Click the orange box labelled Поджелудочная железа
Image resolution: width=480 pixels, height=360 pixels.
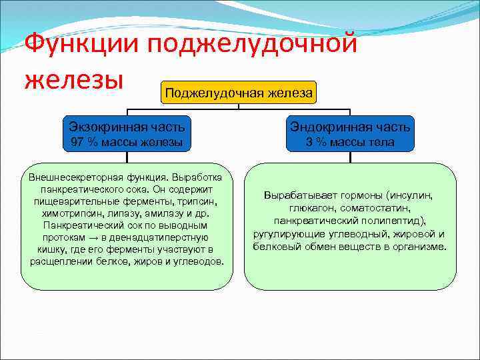(x=239, y=93)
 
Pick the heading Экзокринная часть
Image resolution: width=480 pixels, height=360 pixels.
(x=127, y=126)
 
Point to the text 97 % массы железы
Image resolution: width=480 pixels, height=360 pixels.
(x=127, y=142)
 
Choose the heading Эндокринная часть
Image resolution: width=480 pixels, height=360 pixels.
(x=350, y=126)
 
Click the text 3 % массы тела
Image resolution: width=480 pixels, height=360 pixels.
(x=350, y=142)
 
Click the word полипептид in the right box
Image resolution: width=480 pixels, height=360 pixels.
(x=390, y=221)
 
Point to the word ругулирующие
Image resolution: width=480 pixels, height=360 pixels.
(x=284, y=233)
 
